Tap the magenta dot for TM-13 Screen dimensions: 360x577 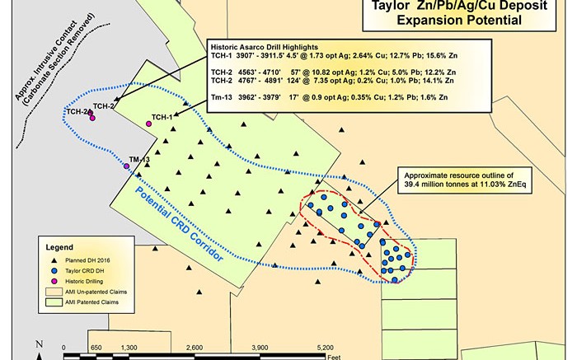(x=126, y=167)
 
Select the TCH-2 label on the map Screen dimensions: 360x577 (x=104, y=105)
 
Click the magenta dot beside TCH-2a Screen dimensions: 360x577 (x=92, y=119)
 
